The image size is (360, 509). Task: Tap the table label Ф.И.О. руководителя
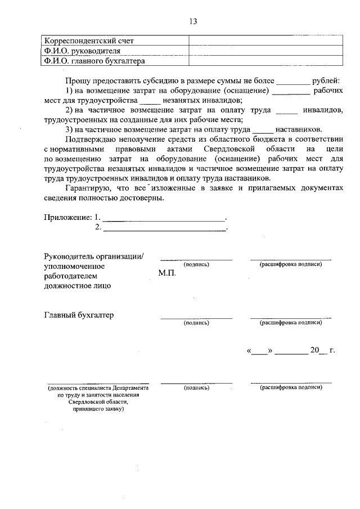82,51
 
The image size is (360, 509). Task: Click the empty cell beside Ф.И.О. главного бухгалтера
264,61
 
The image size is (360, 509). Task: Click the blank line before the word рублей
293,82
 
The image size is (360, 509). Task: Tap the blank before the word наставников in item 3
263,129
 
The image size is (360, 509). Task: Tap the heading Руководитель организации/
94,256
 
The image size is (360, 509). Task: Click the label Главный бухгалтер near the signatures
79,315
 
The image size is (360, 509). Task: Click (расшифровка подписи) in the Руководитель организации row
290,264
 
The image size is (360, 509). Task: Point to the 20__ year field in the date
318,350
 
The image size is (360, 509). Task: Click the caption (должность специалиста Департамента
98,388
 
